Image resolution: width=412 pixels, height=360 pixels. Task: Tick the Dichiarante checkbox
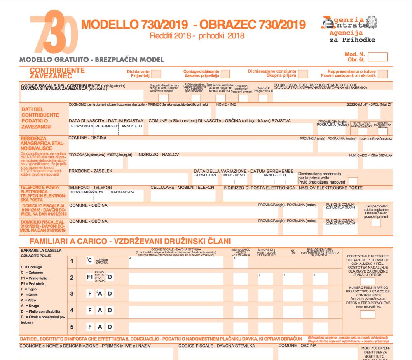[x=156, y=73]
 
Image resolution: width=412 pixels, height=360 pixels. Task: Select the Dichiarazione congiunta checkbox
[x=303, y=73]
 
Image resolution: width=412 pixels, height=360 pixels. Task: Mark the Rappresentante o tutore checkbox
[x=383, y=73]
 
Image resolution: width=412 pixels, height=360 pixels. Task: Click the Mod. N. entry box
[x=378, y=57]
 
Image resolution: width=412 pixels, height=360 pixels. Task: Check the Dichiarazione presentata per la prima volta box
[x=353, y=181]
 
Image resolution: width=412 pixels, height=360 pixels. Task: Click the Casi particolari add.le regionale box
[x=376, y=223]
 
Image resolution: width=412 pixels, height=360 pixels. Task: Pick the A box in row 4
[x=100, y=310]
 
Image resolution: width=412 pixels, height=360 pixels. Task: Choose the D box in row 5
[x=110, y=327]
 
